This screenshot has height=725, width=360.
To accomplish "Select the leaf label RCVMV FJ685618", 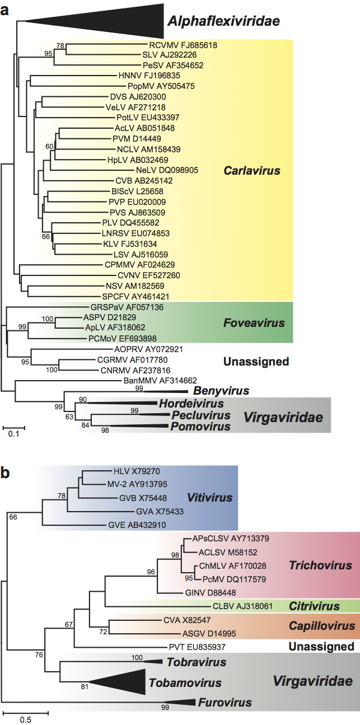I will pyautogui.click(x=183, y=45).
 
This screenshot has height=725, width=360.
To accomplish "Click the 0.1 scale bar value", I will pyautogui.click(x=14, y=433).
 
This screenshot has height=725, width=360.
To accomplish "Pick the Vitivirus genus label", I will pyautogui.click(x=210, y=497).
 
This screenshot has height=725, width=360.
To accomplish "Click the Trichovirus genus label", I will pyautogui.click(x=315, y=565).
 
